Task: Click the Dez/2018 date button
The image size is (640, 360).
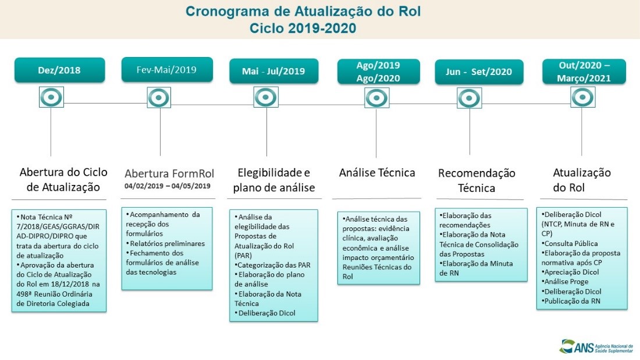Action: [x=60, y=70]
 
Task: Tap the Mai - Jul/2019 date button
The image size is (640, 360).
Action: [x=273, y=72]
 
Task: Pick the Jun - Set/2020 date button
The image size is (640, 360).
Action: [x=478, y=72]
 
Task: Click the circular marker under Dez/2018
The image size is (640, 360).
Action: [x=51, y=97]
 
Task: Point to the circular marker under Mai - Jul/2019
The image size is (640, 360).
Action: [x=266, y=97]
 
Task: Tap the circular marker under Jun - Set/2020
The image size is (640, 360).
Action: [x=469, y=98]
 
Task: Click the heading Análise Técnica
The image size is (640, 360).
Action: [x=377, y=173]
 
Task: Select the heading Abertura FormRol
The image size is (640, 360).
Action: [x=169, y=173]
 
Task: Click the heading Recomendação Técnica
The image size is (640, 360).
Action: [x=477, y=180]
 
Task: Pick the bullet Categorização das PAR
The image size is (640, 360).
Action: [x=272, y=265]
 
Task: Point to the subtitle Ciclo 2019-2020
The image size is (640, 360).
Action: [x=303, y=27]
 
